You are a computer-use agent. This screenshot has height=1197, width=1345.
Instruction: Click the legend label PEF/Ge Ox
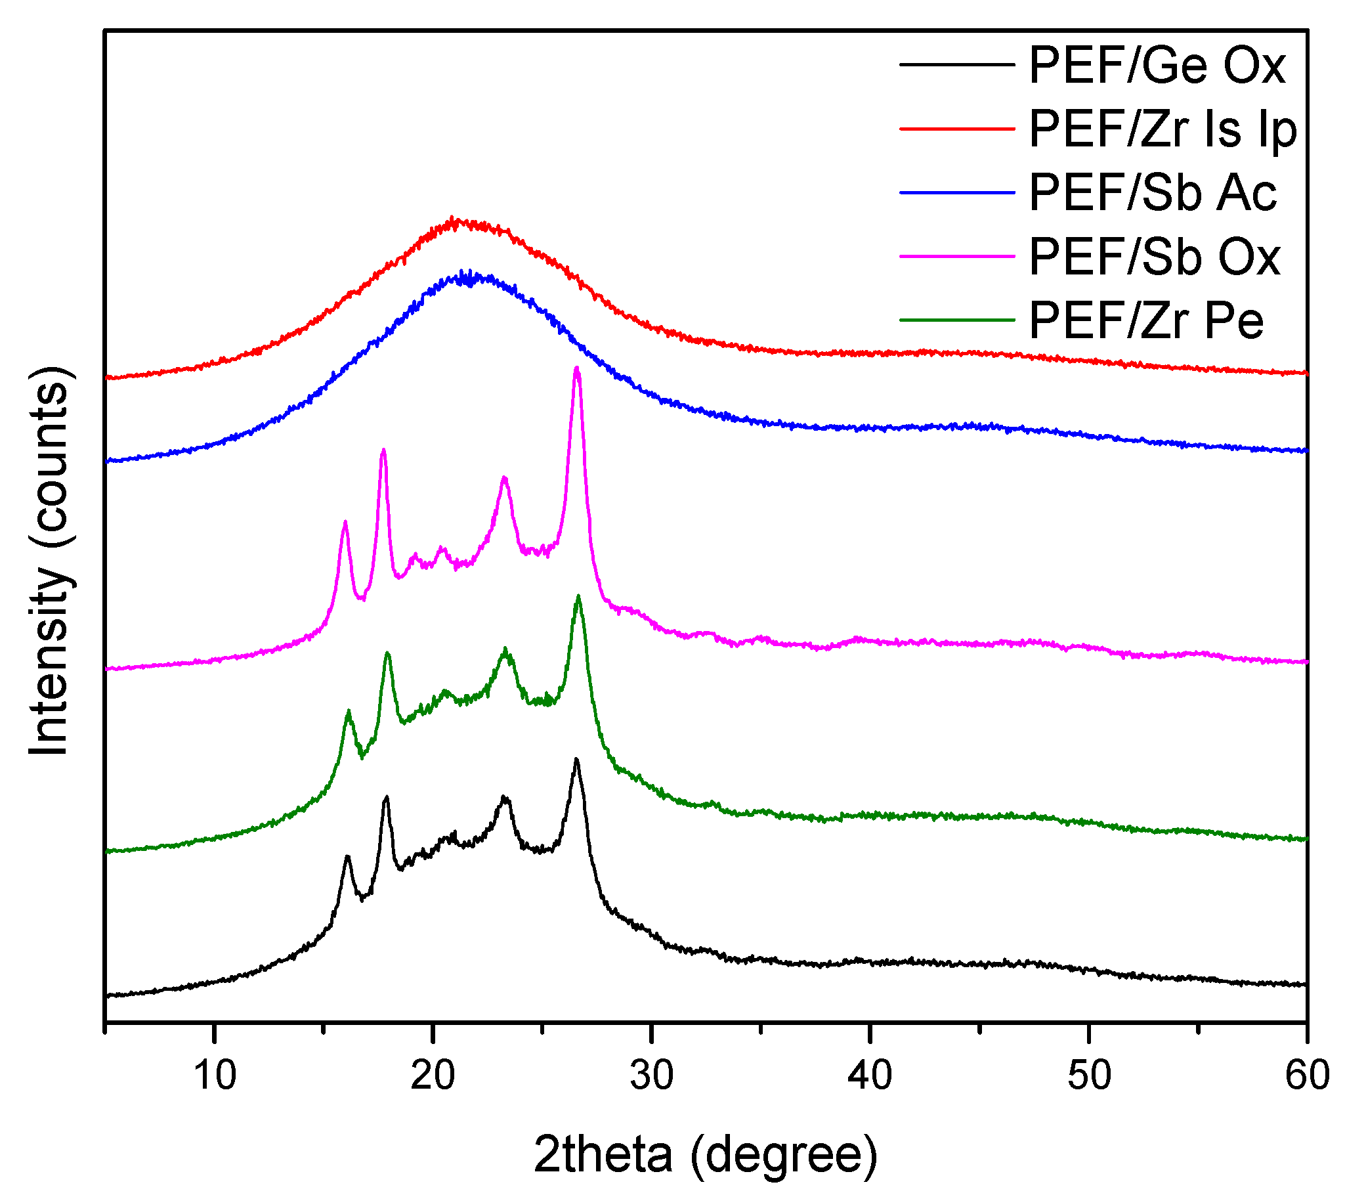pyautogui.click(x=1156, y=65)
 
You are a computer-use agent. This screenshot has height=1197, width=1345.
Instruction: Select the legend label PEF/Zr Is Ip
pyautogui.click(x=1163, y=129)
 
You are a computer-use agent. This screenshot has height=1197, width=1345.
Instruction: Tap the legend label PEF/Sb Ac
pyautogui.click(x=1152, y=193)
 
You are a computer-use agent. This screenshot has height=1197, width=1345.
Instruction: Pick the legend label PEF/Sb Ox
pyautogui.click(x=1154, y=257)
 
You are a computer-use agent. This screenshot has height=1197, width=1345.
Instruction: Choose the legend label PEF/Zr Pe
pyautogui.click(x=1145, y=320)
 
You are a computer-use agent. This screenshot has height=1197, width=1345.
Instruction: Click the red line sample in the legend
pyautogui.click(x=957, y=129)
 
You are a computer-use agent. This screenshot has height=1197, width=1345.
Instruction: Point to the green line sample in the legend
pyautogui.click(x=957, y=320)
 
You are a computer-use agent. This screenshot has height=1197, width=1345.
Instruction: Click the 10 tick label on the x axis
pyautogui.click(x=215, y=1076)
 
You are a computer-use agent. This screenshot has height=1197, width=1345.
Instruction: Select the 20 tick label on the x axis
pyautogui.click(x=433, y=1076)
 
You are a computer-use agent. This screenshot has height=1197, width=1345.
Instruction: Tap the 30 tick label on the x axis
pyautogui.click(x=651, y=1076)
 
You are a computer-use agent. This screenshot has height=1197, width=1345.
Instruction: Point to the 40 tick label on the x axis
pyautogui.click(x=870, y=1076)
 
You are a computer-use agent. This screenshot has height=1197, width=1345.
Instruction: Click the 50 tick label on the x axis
pyautogui.click(x=1089, y=1076)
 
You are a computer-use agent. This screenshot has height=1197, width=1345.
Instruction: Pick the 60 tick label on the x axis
pyautogui.click(x=1306, y=1076)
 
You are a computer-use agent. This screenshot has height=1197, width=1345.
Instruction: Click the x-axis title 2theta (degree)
pyautogui.click(x=705, y=1156)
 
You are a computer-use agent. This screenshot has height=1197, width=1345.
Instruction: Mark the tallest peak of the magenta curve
pyautogui.click(x=577, y=369)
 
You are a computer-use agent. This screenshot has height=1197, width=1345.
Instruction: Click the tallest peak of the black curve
pyautogui.click(x=576, y=760)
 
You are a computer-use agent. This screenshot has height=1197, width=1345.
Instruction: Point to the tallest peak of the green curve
pyautogui.click(x=578, y=596)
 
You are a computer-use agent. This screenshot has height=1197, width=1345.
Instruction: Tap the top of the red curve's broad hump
pyautogui.click(x=453, y=219)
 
